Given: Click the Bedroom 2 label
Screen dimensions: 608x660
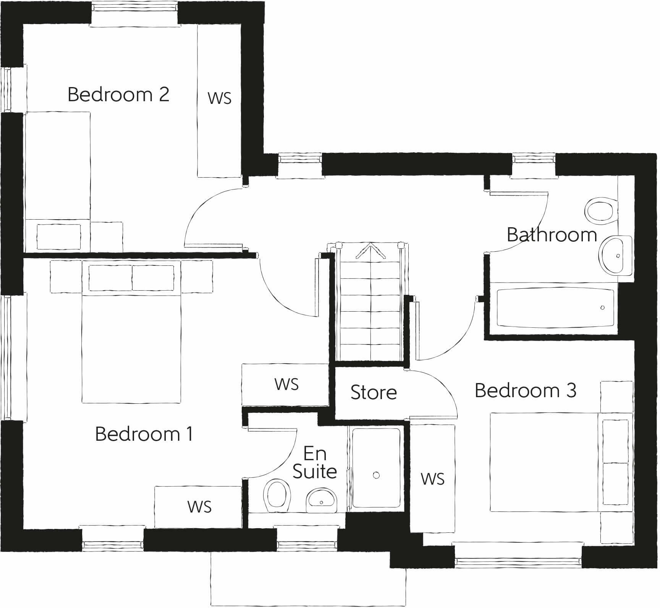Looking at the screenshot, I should (118, 94).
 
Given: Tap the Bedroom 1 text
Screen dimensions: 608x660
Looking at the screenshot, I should (144, 434).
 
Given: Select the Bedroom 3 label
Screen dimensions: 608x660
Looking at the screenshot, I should (525, 390).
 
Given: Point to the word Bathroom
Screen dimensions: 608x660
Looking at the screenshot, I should (552, 234).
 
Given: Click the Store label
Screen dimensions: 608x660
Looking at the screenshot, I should (374, 393).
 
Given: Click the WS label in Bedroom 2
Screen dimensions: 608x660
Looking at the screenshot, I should (220, 98).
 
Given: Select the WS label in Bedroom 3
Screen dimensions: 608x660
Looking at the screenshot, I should (432, 479).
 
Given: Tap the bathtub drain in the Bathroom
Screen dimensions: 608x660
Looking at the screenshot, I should (602, 307).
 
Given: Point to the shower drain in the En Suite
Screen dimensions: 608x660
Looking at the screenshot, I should (376, 475).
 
